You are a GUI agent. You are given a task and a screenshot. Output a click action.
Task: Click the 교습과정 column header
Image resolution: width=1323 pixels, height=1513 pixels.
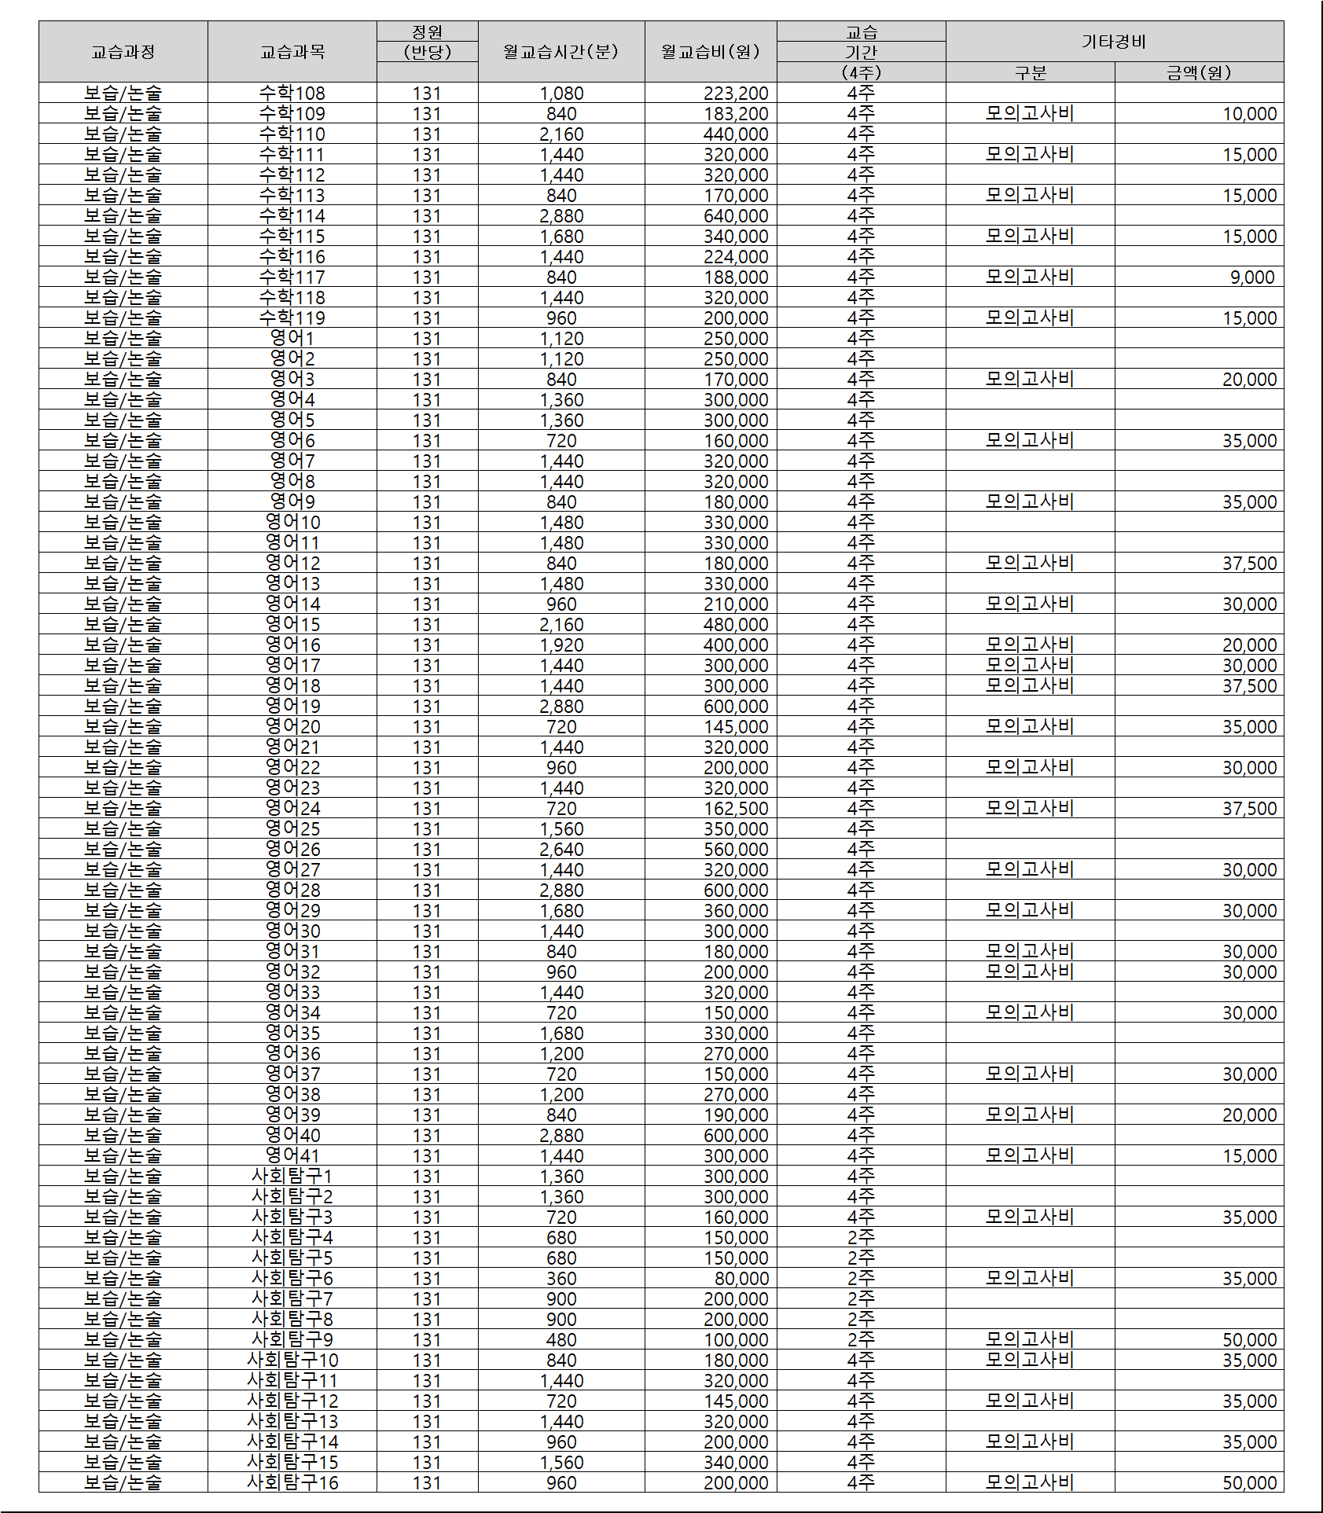coord(123,52)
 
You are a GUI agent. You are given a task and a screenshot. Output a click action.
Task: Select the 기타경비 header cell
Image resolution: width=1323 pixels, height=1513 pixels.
coord(1114,42)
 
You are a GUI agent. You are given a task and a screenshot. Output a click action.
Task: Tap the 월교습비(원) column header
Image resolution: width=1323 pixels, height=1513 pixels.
coord(711,52)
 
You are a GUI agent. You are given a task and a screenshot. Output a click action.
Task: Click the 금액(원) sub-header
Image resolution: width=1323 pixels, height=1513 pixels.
coord(1198,72)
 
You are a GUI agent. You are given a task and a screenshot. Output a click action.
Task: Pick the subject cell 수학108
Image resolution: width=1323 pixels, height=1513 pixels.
coord(292,94)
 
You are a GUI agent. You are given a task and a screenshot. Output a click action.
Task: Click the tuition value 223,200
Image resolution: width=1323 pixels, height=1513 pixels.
coord(735,94)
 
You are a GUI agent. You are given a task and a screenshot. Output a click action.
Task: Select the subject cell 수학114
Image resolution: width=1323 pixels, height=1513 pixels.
coord(292,216)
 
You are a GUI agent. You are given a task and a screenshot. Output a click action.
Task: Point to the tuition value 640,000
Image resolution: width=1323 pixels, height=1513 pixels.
coord(735,216)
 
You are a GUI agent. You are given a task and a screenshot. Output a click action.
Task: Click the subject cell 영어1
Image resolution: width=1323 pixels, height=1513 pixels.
coord(292,339)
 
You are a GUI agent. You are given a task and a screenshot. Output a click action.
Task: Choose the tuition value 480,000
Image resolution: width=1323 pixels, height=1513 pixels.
coord(735,625)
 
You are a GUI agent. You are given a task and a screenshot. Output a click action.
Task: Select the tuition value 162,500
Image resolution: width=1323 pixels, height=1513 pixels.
coord(735,809)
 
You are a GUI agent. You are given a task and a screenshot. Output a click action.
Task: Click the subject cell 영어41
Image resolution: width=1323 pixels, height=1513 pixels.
coord(292,1156)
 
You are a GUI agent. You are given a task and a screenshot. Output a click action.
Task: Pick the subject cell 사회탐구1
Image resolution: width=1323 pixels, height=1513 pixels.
coord(292,1177)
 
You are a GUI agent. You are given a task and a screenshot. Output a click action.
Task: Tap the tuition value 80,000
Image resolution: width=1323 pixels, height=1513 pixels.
coord(741,1279)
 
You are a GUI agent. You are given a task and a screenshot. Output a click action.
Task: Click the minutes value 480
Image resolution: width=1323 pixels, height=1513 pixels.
coord(561,1340)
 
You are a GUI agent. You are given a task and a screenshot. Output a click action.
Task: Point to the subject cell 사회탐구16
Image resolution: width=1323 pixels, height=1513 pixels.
coord(292,1483)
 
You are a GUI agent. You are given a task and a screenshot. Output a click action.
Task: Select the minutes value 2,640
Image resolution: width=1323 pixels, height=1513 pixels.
coord(561,850)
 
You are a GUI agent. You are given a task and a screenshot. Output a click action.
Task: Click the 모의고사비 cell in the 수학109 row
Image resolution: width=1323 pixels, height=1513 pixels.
coord(1030,114)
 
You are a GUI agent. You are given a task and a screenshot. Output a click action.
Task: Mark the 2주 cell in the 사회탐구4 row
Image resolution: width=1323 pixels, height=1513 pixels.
coord(861,1238)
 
